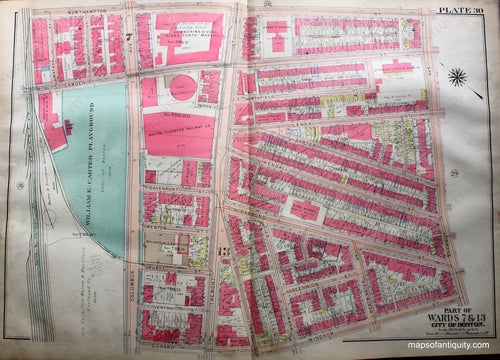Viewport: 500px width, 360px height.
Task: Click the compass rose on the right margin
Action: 459,77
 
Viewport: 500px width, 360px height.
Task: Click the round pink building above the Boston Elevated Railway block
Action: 182,88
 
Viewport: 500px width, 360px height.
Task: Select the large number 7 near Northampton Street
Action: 131,35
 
